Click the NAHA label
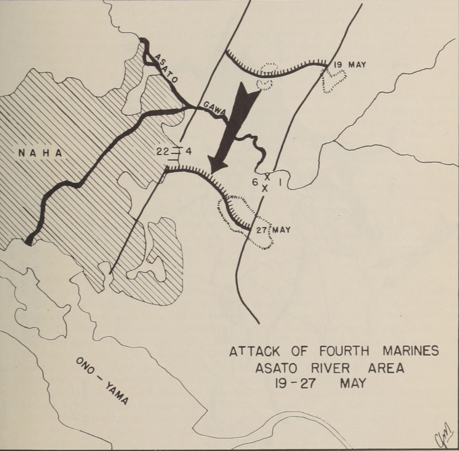(x=40, y=153)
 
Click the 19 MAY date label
(x=349, y=64)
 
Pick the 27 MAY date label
(x=273, y=230)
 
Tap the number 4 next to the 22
(x=189, y=151)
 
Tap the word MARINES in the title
(x=411, y=351)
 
